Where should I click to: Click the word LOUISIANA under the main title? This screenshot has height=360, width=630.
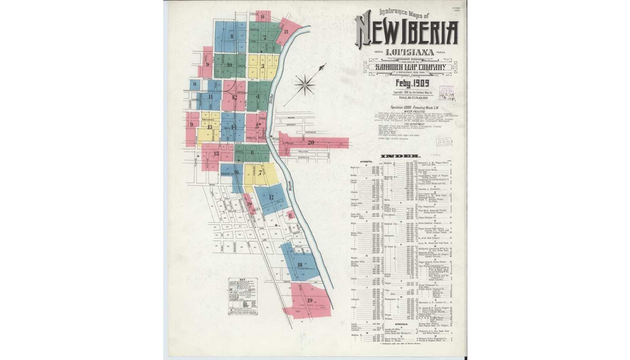[410, 53]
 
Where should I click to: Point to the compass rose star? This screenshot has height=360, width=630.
[304, 85]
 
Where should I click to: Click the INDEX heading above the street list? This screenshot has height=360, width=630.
[400, 156]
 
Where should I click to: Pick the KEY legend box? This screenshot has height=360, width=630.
[243, 297]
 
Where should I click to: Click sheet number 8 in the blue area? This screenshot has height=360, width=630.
[232, 36]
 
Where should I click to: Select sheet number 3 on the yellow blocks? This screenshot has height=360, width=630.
[262, 66]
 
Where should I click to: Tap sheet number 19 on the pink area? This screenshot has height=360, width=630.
[310, 300]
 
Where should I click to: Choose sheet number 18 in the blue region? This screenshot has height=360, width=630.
[300, 265]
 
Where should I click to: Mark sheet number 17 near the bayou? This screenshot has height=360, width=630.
[271, 198]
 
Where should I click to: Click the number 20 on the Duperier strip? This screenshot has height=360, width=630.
[311, 142]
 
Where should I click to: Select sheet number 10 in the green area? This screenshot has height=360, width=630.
[229, 65]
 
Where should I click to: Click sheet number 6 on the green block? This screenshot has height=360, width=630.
[252, 153]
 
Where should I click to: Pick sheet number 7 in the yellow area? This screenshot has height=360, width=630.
[260, 172]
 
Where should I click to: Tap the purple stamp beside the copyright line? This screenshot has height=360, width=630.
[447, 93]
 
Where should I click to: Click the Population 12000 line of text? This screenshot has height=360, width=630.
[414, 107]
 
